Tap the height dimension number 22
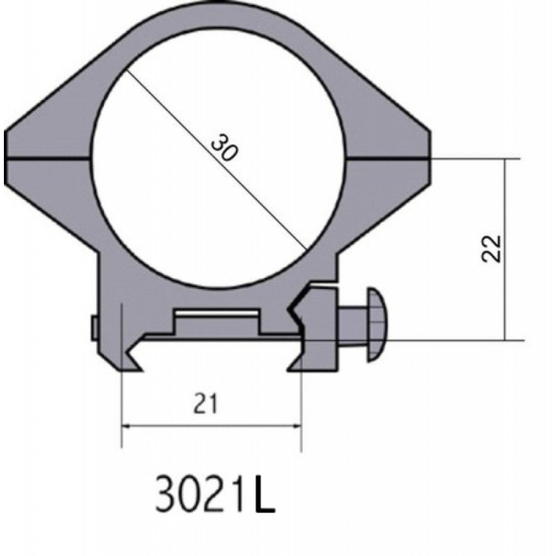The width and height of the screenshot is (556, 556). (x=492, y=249)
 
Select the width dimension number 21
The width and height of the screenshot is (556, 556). (x=205, y=404)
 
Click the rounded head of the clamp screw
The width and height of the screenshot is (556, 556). (x=378, y=325)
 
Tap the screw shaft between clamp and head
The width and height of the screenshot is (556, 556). (x=353, y=325)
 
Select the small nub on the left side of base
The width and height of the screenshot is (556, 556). (x=93, y=329)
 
